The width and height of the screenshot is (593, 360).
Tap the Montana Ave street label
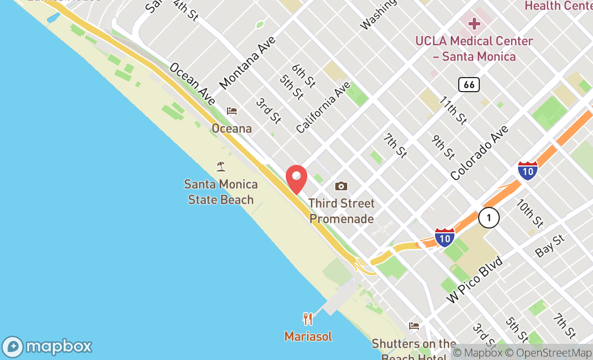tap(248, 63)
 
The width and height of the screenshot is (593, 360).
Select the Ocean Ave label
tap(192, 84)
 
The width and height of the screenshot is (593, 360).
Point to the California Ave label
tap(323, 107)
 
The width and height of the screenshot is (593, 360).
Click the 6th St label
tap(304, 76)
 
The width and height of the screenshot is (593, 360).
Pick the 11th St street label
tap(453, 110)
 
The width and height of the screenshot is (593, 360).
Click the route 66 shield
tap(469, 84)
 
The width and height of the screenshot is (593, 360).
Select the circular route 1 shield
tap(488, 218)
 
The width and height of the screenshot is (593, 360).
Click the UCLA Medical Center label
tap(474, 49)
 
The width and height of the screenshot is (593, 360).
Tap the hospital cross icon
tap(474, 24)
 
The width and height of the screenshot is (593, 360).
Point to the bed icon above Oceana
tap(232, 111)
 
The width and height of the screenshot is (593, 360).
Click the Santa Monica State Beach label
tap(220, 192)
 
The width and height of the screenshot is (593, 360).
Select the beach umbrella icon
tap(220, 166)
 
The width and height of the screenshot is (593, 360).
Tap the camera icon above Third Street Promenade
tap(341, 186)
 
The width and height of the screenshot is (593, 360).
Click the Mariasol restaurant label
tap(308, 336)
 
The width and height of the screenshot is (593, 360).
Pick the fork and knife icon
tap(308, 319)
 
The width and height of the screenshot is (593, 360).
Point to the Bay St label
tap(549, 245)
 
